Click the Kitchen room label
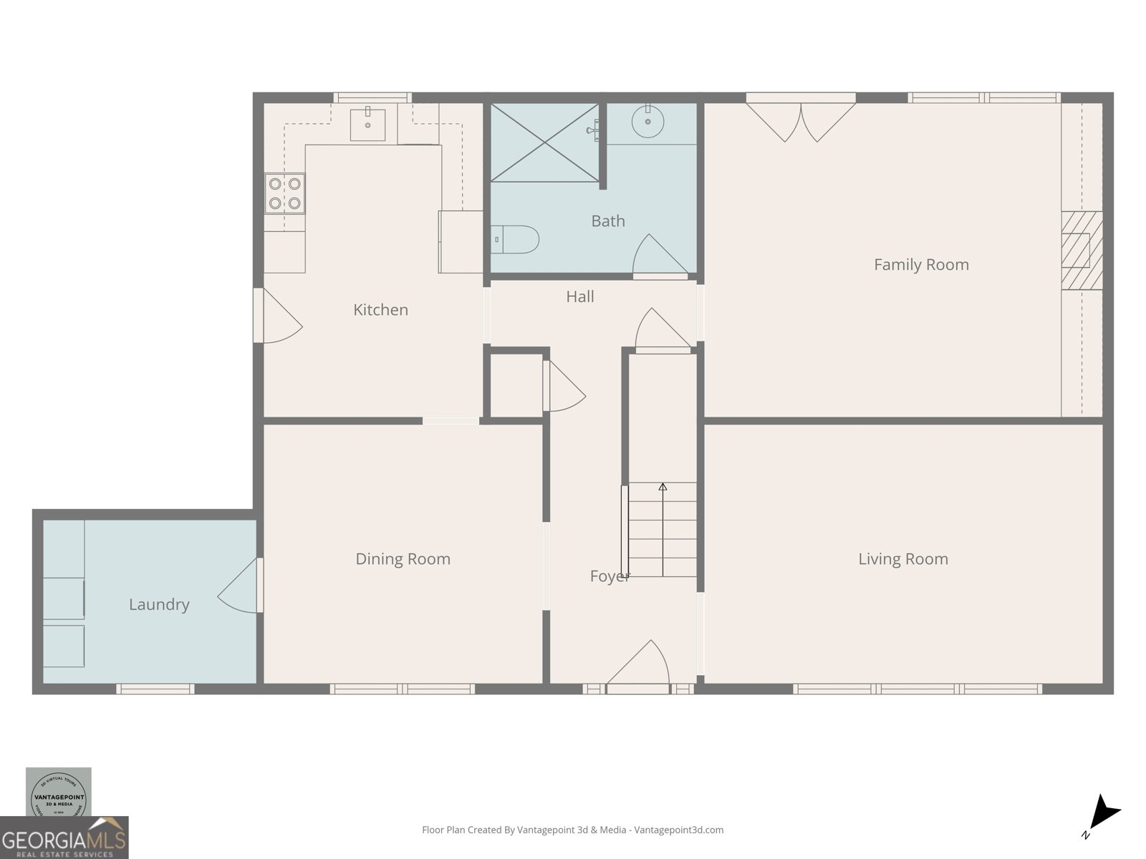pyautogui.click(x=380, y=310)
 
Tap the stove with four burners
pyautogui.click(x=284, y=193)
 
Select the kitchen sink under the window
pyautogui.click(x=367, y=125)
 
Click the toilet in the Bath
pyautogui.click(x=516, y=240)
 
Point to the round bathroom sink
pyautogui.click(x=647, y=121)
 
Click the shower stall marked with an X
pyautogui.click(x=544, y=142)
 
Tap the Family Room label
pyautogui.click(x=921, y=265)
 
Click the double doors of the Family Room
pyautogui.click(x=801, y=122)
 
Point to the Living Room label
pyautogui.click(x=902, y=559)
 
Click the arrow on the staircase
pyautogui.click(x=663, y=487)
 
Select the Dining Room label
pyautogui.click(x=403, y=559)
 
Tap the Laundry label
pyautogui.click(x=159, y=605)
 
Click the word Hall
pyautogui.click(x=579, y=297)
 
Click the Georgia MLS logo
pyautogui.click(x=64, y=838)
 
